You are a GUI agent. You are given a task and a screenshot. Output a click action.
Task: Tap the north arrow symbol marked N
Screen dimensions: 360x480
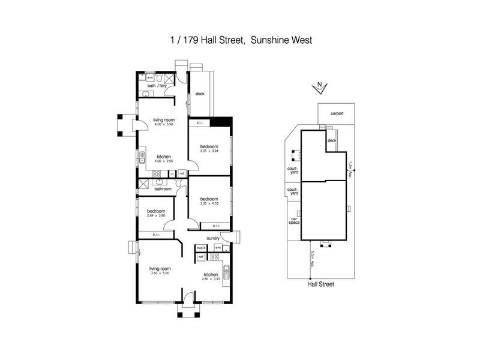(x=320, y=88)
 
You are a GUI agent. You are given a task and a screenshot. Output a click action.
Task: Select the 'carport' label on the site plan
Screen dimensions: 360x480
(x=336, y=113)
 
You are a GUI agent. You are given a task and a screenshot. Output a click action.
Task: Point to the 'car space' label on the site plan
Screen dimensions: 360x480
(x=294, y=221)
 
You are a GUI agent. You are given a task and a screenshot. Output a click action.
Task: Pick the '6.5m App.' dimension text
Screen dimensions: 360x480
(x=312, y=259)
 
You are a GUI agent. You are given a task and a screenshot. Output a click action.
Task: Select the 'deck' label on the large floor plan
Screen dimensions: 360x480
(x=200, y=94)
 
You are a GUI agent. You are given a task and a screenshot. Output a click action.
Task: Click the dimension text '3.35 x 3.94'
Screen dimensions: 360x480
(x=209, y=151)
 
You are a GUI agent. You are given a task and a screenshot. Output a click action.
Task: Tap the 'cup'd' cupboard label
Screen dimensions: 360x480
(x=201, y=247)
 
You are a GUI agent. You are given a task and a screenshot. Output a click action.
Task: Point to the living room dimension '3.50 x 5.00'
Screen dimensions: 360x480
(x=161, y=273)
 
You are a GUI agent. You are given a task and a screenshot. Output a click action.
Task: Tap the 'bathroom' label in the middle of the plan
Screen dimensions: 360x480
(x=163, y=189)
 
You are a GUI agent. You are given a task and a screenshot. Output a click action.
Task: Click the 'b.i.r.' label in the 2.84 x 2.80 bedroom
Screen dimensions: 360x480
(x=155, y=234)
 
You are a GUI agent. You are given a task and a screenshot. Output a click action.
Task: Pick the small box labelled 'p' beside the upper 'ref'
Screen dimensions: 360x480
(x=172, y=173)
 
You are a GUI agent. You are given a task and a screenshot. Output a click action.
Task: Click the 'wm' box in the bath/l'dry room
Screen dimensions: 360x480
(x=150, y=77)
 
